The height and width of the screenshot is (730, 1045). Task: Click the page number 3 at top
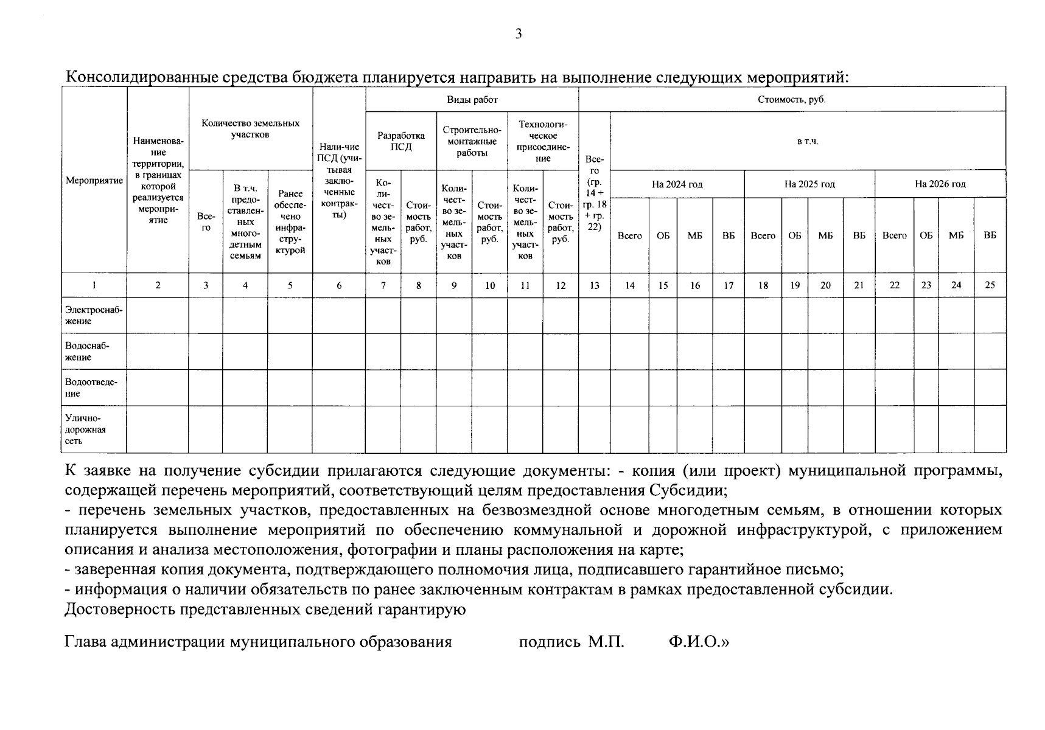pos(519,34)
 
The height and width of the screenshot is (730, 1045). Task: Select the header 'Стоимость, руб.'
pos(791,99)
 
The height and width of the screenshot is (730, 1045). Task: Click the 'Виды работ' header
pos(472,99)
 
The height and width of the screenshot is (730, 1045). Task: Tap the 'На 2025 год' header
pos(809,184)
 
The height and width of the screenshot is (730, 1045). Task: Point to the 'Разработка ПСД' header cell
pos(400,141)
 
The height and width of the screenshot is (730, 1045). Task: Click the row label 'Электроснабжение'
pos(94,315)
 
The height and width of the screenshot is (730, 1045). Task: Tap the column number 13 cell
pos(594,285)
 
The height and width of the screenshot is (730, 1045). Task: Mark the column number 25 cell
pos(990,285)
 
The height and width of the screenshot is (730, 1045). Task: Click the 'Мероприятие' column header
pos(94,181)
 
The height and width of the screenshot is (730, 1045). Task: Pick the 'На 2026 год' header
pos(940,184)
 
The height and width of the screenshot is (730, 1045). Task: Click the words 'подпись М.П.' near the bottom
pos(571,642)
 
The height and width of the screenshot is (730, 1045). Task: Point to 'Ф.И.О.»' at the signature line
pos(697,642)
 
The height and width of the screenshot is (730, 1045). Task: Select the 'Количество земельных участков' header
pos(250,128)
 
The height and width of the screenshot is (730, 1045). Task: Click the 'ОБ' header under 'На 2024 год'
pos(663,235)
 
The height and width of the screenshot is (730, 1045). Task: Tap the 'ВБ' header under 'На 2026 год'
pos(990,235)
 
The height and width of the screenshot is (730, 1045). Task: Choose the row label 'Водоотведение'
pos(91,388)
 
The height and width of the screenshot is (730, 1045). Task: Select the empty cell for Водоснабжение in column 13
pos(594,351)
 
